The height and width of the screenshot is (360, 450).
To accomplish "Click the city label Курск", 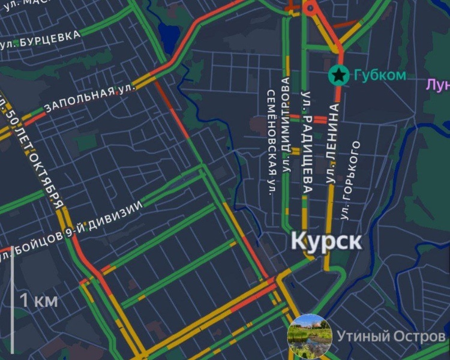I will coord(326,241).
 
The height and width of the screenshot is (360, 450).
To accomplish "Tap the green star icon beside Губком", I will coord(339,75).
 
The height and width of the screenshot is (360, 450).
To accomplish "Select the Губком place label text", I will coord(379,76).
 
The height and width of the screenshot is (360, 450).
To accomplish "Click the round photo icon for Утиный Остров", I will coord(310,335).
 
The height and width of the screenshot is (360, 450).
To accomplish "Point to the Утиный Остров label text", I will coord(391,336).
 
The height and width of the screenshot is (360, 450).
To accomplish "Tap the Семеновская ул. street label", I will coord(271,143).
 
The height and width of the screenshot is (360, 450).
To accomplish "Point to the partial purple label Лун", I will coord(438,85).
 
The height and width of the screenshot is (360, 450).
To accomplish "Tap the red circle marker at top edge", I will coord(310,8).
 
